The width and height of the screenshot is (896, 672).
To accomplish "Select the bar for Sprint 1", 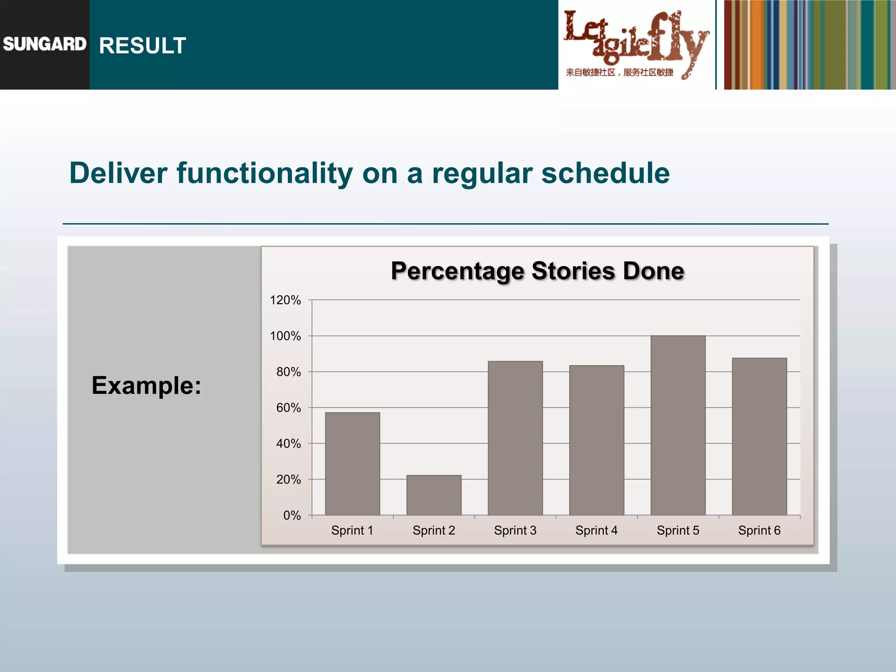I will tap(352, 464).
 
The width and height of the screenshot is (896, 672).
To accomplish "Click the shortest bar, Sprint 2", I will tap(434, 495).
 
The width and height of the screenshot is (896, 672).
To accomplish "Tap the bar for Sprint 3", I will tap(515, 438).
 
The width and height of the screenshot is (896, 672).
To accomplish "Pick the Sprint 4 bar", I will tap(596, 440).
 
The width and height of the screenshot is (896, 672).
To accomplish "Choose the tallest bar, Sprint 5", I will tap(678, 425).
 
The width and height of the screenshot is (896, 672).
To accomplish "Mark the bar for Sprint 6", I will tap(759, 437).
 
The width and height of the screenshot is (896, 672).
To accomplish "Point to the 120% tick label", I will tap(285, 300).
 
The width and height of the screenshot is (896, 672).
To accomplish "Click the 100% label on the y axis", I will tap(285, 336).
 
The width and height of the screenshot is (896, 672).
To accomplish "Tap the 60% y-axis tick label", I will tap(288, 408).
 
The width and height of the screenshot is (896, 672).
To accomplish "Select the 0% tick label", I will tap(292, 515).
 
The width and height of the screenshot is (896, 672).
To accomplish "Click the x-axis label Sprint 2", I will tap(434, 530).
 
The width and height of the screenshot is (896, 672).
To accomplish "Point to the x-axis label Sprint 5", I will tap(678, 530).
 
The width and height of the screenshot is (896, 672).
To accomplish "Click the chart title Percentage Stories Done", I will tap(537, 271).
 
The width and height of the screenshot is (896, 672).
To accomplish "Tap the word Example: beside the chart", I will tap(146, 385).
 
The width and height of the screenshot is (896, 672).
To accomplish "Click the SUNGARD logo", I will tap(44, 44).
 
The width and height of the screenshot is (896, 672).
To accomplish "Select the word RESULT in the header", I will tap(143, 45).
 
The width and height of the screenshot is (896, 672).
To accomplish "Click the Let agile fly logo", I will tap(636, 37).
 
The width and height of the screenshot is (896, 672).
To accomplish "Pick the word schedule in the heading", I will tap(605, 173).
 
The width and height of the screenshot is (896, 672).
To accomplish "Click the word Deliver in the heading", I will tap(118, 173).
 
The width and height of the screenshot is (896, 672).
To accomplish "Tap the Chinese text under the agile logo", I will tap(619, 72).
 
